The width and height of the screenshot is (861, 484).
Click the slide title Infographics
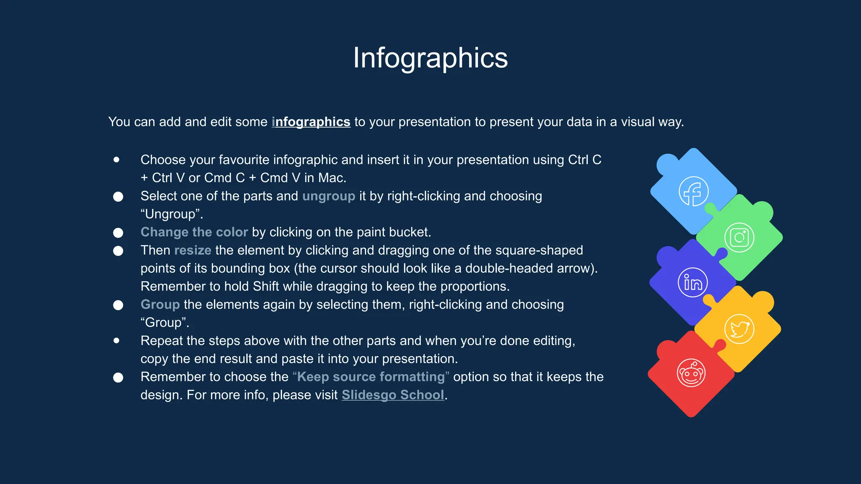[430, 58]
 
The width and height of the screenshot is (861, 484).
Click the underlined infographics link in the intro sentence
[311, 122]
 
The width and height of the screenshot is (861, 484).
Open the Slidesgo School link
[393, 395]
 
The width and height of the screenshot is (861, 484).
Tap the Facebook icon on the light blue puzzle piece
[693, 192]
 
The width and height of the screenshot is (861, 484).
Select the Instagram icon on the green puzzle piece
[739, 238]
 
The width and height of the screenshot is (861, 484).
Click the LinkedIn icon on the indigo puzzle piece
[693, 283]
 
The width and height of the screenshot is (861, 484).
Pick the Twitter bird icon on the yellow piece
[739, 329]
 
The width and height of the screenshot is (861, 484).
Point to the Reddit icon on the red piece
[691, 373]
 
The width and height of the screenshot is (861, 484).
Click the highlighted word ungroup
[329, 196]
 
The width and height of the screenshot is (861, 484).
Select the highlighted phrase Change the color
[194, 232]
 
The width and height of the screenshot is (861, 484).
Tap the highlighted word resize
[193, 250]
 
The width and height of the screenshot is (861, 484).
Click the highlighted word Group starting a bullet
[160, 305]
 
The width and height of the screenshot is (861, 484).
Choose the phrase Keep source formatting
[371, 377]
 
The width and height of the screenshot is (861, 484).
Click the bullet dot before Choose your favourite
[116, 160]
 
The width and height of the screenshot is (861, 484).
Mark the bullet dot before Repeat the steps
[116, 340]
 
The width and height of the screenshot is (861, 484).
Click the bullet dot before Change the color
[118, 233]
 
